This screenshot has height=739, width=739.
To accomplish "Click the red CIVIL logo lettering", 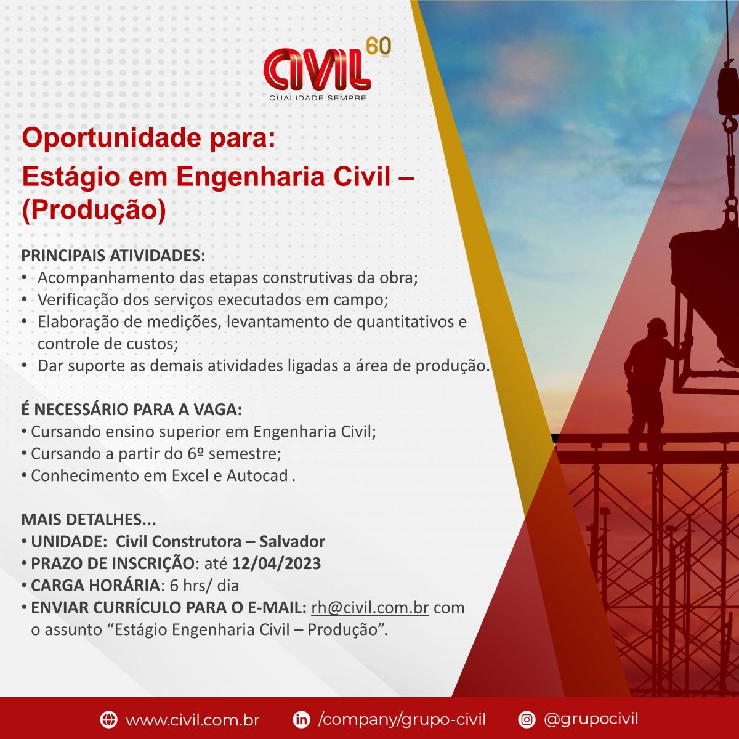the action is (317, 70).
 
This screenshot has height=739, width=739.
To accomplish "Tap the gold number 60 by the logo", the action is (378, 46).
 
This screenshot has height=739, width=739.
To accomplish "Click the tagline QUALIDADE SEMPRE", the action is (318, 98).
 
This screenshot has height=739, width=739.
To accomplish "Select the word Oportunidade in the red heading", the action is (111, 139).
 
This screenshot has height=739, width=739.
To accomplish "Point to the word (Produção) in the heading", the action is (94, 211).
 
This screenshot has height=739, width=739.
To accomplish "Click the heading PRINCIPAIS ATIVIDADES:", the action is (113, 256).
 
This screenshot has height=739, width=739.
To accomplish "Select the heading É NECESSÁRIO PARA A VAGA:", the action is (132, 410).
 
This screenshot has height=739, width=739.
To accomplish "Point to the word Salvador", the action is (293, 541).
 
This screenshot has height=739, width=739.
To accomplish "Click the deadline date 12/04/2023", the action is (277, 563).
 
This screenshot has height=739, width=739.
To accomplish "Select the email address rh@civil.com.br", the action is (369, 608).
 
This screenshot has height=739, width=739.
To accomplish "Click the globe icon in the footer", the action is (108, 719).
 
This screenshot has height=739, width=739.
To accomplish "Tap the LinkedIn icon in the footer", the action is (301, 719).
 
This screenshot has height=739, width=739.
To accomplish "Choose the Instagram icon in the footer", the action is (527, 719).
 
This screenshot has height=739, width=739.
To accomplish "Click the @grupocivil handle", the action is (591, 719).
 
